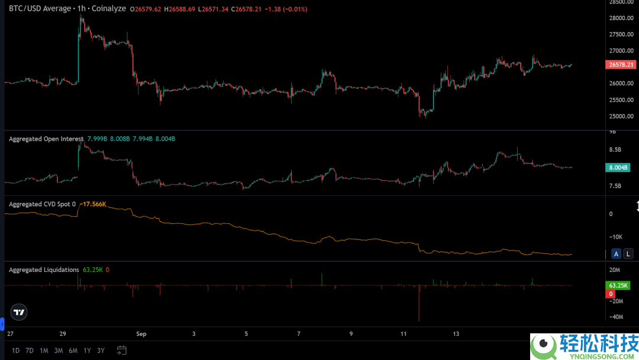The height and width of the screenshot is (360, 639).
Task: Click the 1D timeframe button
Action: point(16,351)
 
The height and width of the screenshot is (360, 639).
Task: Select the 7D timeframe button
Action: point(30,351)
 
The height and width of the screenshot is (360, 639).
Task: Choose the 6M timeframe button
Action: point(73,351)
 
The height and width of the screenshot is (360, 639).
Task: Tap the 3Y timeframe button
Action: point(101,351)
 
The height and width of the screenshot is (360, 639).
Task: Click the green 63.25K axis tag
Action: point(619,285)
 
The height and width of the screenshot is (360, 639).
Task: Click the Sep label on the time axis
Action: point(141,334)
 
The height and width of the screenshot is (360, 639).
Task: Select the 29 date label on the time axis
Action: point(63,334)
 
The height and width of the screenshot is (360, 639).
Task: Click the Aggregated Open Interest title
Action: point(46,139)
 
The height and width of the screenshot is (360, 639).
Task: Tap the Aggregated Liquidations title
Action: point(44,270)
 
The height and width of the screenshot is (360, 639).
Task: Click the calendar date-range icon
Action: point(122,350)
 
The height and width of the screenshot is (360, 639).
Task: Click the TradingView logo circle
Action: point(19,312)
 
